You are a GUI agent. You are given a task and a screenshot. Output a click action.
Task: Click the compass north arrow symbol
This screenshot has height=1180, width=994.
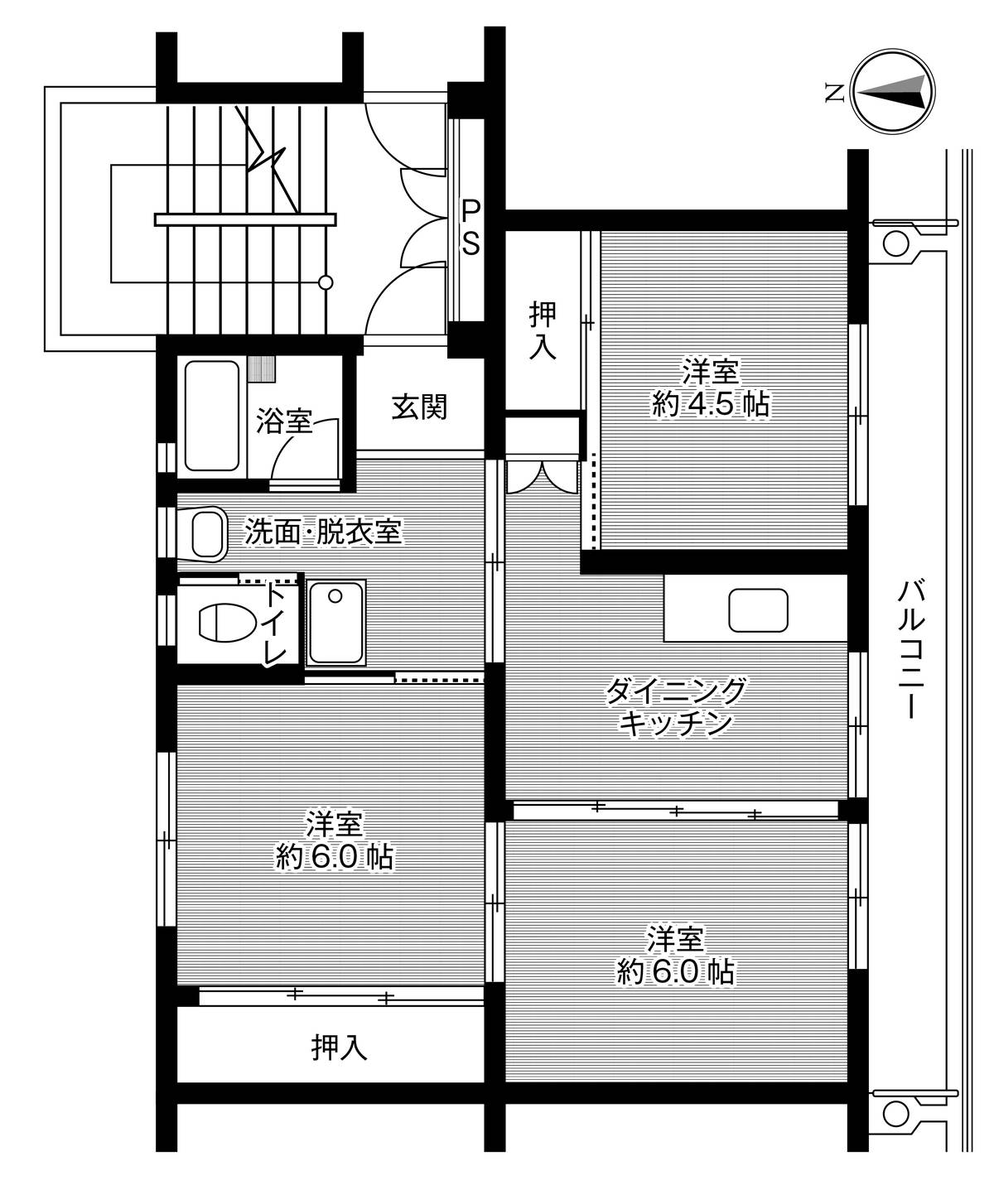[x=895, y=92]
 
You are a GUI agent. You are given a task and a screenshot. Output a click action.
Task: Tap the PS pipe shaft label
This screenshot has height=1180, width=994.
[x=470, y=225]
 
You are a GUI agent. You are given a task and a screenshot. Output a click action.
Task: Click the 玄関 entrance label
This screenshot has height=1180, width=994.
[x=419, y=407]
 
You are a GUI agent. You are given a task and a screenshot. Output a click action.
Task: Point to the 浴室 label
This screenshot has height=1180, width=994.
[x=284, y=422]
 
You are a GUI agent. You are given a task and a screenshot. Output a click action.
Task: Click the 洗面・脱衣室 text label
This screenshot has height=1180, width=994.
[x=322, y=532]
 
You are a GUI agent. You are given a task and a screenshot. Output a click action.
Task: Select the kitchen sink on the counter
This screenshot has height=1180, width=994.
[x=757, y=611]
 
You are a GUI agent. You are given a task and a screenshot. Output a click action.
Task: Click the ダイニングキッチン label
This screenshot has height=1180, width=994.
[x=675, y=706]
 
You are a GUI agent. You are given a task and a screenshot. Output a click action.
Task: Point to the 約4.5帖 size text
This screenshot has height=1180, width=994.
[x=710, y=404]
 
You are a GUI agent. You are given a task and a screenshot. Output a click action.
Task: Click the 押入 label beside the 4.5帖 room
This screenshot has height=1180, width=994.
[x=543, y=330]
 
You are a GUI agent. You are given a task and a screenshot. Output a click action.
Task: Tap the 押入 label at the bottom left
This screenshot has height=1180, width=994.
[x=339, y=1048]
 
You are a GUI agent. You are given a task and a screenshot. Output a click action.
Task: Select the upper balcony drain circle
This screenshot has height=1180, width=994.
[x=894, y=243]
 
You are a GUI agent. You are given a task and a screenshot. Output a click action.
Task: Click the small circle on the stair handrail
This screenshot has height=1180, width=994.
[x=326, y=282]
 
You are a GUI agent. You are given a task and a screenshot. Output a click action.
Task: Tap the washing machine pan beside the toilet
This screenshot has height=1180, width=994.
[x=336, y=622]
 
